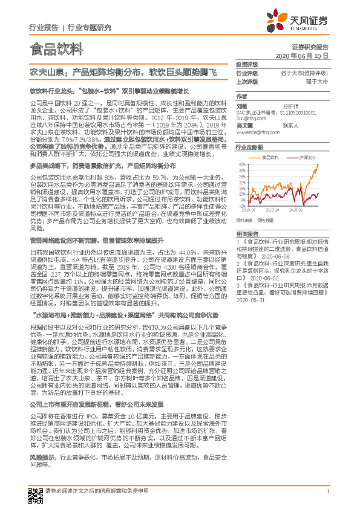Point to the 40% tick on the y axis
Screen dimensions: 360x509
tap(241, 163)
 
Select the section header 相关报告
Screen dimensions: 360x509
tap(247, 233)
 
